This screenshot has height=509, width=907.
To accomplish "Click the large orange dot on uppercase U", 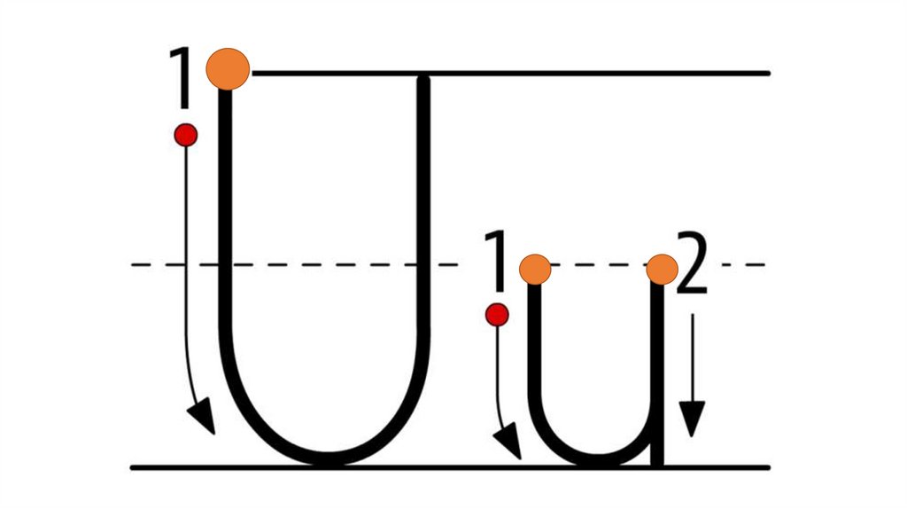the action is [x=228, y=69].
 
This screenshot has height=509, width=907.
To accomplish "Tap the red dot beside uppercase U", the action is [x=185, y=135].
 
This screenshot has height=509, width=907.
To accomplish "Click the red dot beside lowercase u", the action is [x=497, y=314].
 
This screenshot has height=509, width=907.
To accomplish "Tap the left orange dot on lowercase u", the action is [x=535, y=268].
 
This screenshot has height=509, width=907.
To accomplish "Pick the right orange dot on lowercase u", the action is [x=662, y=268].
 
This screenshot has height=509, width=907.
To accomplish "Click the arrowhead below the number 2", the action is [x=692, y=418].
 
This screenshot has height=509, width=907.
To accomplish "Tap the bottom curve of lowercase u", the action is [x=595, y=458].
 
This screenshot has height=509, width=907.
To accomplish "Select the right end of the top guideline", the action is [x=769, y=72].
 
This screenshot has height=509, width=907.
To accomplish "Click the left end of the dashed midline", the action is [x=133, y=264].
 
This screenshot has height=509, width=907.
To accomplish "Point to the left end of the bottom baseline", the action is [x=133, y=466].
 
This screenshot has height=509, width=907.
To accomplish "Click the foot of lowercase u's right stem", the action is [x=657, y=461].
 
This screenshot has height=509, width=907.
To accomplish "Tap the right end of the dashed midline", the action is [x=764, y=264].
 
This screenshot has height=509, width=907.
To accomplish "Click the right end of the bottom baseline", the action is [x=769, y=466].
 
